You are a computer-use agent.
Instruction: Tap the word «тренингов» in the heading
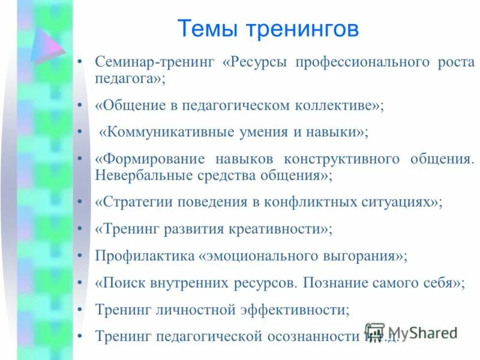point(304,29)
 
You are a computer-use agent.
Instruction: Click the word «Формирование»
point(149,159)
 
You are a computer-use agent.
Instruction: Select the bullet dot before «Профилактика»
point(80,256)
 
